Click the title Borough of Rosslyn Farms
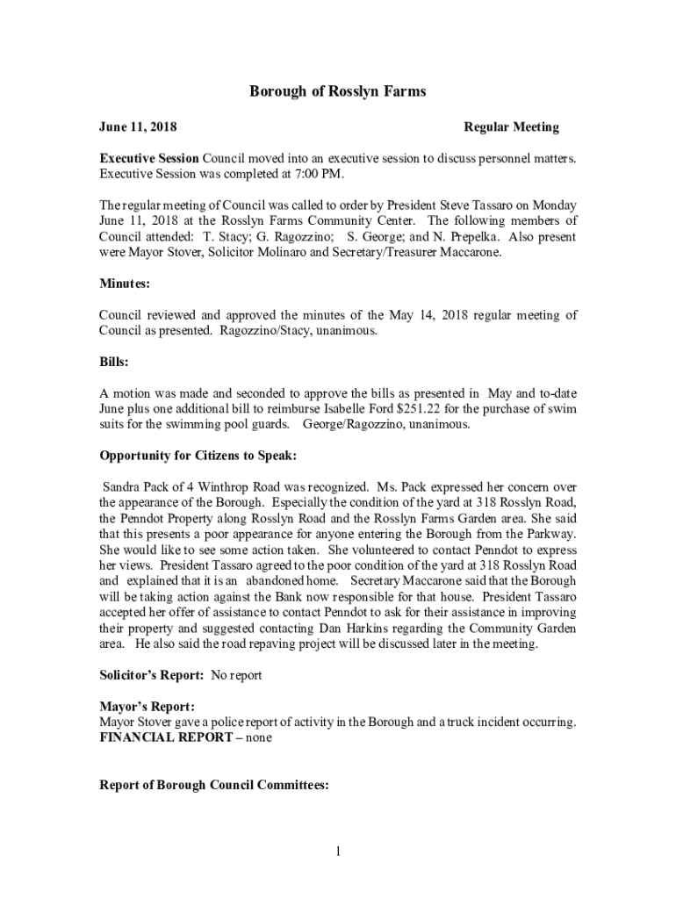tap(338, 91)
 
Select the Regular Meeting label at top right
tap(511, 127)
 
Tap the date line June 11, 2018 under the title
tap(138, 127)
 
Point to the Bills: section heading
tap(114, 361)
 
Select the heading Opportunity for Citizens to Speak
tap(198, 456)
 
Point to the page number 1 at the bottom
tap(338, 851)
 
